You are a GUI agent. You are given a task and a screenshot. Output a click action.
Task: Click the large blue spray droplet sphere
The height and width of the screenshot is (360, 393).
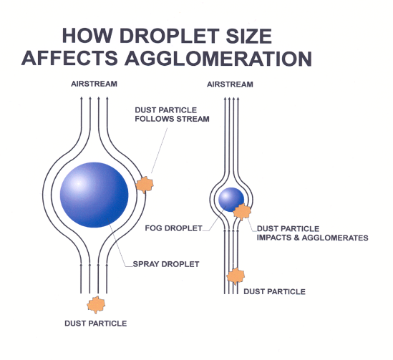(x=94, y=195)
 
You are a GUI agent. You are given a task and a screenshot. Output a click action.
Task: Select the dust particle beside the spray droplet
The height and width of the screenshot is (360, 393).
(x=145, y=185)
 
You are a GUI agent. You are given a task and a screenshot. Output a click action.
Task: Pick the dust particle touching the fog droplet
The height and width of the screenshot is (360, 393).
(x=242, y=212)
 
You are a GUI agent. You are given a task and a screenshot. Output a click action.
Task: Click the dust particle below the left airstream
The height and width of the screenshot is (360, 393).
(x=96, y=305)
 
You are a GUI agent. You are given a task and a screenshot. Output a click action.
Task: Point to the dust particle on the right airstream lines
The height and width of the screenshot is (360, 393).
(x=236, y=276)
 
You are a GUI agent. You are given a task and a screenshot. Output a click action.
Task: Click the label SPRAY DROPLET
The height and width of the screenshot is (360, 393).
(x=166, y=264)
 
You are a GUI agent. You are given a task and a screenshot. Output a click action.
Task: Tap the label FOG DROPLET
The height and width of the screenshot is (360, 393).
(x=173, y=228)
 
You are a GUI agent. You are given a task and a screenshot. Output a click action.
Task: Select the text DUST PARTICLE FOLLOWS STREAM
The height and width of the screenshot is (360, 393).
(x=172, y=115)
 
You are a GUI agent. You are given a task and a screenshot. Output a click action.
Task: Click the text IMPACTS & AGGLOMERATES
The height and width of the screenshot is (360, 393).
(x=313, y=238)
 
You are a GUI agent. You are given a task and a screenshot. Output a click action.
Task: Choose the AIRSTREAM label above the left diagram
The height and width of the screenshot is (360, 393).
(x=94, y=84)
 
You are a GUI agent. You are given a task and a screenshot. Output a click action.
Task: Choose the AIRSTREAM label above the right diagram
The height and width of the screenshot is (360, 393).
(x=230, y=84)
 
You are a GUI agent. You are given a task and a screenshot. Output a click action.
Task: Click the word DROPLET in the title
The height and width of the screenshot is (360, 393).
(x=170, y=36)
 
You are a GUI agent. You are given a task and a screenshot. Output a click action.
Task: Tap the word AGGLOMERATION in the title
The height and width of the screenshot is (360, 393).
(x=218, y=59)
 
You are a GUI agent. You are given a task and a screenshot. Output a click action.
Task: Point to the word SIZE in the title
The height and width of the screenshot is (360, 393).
(x=249, y=36)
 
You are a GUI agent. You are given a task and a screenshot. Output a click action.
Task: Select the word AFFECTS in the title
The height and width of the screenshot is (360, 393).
(x=69, y=58)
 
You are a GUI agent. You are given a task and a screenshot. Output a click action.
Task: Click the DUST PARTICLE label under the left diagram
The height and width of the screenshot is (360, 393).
(x=96, y=323)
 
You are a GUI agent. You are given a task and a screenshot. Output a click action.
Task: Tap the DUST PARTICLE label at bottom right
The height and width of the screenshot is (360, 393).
(x=274, y=291)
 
